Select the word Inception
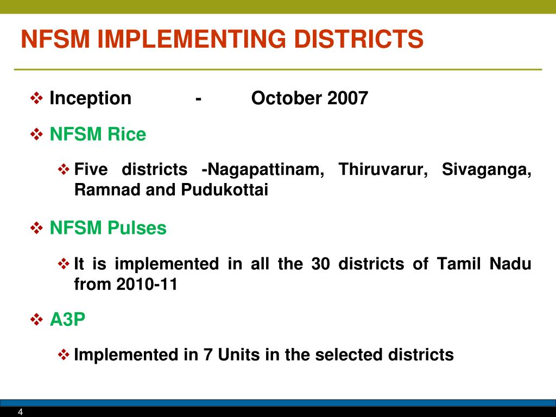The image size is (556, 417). pyautogui.click(x=90, y=98)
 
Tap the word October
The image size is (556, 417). pyautogui.click(x=287, y=98)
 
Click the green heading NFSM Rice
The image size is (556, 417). pyautogui.click(x=98, y=134)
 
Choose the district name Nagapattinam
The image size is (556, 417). pyautogui.click(x=266, y=170)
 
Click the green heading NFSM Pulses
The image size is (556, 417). pyautogui.click(x=108, y=228)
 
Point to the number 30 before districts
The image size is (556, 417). pyautogui.click(x=320, y=264)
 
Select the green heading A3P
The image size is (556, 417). pyautogui.click(x=68, y=320)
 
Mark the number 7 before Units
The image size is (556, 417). pyautogui.click(x=208, y=355)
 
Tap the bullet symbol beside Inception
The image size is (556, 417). pyautogui.click(x=36, y=98)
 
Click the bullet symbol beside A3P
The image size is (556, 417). pyautogui.click(x=36, y=320)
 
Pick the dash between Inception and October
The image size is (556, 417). pyautogui.click(x=200, y=99)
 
